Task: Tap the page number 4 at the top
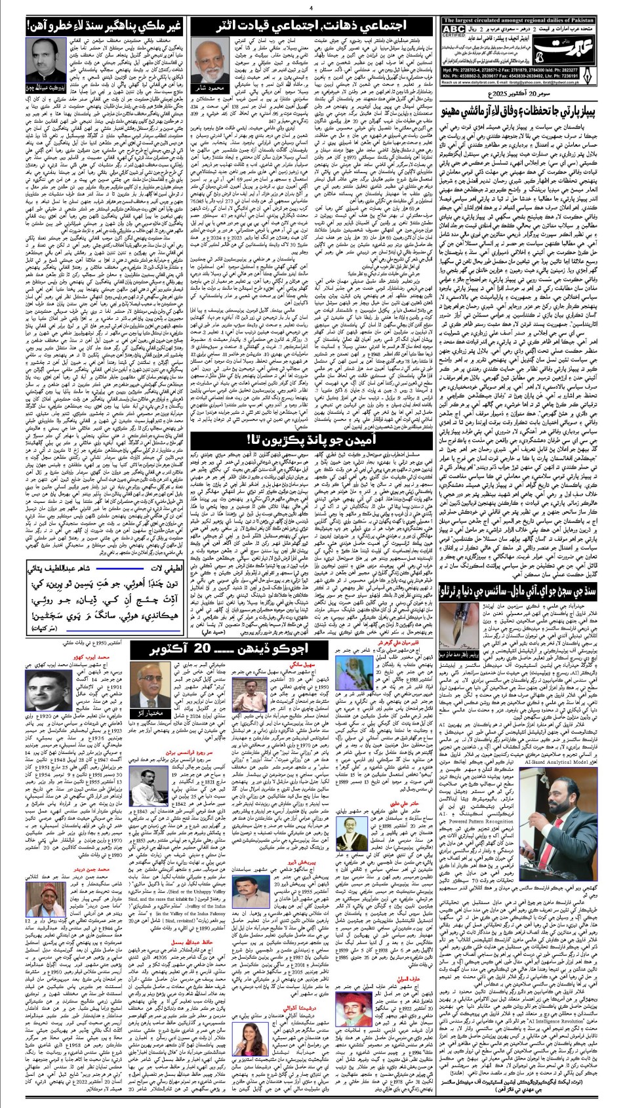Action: (311, 7)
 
